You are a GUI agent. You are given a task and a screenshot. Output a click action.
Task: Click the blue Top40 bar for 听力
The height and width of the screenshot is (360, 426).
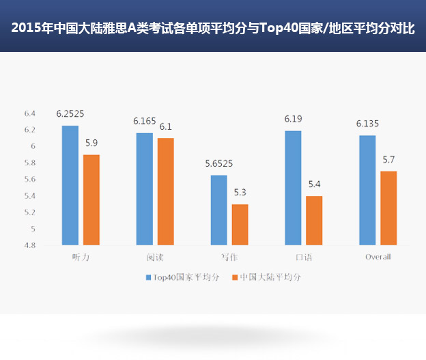pos(70,185)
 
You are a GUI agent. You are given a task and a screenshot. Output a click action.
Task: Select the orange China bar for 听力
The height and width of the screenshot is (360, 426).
pos(91,199)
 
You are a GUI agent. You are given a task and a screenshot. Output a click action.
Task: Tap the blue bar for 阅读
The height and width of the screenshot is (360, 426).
pos(144,189)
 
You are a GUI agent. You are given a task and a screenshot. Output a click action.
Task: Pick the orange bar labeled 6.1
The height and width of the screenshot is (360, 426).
pos(165,191)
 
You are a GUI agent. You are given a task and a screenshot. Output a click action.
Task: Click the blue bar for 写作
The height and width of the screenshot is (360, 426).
pos(218,210)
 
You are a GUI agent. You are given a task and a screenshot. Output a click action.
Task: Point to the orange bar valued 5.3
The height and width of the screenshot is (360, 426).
pos(240,224)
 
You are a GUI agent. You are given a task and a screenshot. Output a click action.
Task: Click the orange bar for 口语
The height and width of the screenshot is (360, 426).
pos(314,220)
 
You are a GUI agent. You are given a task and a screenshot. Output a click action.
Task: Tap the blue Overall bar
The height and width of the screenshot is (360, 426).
pos(367,190)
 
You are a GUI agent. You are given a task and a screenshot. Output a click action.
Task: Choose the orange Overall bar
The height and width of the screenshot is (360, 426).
pos(388,208)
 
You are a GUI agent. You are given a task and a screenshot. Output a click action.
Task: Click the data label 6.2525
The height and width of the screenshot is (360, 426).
pos(70,114)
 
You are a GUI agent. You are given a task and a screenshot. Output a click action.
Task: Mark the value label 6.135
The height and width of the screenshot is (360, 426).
pos(367,124)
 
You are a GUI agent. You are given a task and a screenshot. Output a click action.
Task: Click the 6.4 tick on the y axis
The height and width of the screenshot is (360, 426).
pos(29,113)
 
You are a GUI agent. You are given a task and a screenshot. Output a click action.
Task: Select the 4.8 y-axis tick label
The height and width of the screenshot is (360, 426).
pos(29,245)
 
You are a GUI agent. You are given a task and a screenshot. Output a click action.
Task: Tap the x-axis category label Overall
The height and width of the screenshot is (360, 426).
pos(378,257)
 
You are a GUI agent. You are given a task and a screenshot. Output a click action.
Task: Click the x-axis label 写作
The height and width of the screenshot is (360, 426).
pos(229,257)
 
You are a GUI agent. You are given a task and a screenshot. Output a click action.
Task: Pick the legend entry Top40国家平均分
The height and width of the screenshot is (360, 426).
pos(182,277)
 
